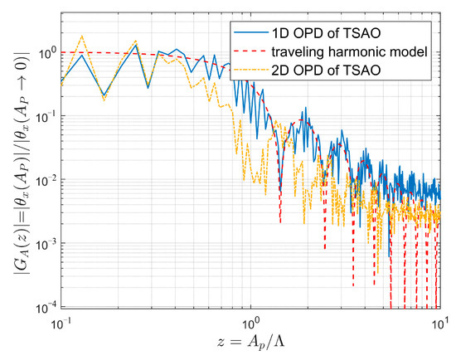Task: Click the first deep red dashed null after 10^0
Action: pos(280,222)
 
